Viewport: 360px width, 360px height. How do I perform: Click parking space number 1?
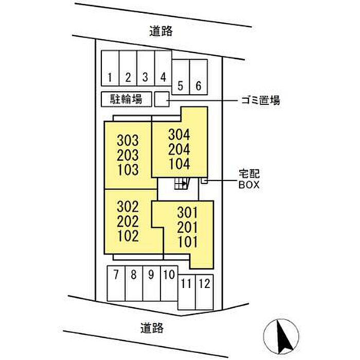pos(110,68)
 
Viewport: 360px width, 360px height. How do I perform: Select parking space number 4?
pos(163,68)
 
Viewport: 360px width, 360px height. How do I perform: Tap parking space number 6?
pos(199,77)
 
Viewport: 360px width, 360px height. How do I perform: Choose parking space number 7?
pos(116,283)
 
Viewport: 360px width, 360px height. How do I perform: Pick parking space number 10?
pos(169,283)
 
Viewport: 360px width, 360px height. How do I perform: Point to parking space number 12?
pos(205,292)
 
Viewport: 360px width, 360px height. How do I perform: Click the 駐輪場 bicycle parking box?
pos(127,99)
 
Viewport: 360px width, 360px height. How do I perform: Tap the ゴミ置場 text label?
pos(261,100)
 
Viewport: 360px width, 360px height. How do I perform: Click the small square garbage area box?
pos(162,99)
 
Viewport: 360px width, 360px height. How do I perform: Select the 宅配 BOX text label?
pos(249,179)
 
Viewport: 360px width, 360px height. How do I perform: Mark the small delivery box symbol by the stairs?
pos(204,181)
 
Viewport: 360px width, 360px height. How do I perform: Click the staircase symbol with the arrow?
pos(182,184)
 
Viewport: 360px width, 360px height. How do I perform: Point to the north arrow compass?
pos(281,336)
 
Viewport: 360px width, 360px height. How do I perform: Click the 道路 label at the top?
pos(161,31)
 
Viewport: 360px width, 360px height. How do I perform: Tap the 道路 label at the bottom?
pos(152,328)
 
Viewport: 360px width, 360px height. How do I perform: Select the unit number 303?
pos(128,140)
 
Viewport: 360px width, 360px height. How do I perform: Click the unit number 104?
pos(179,164)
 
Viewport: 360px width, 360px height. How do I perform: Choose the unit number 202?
pos(128,221)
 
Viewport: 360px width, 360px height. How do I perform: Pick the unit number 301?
pos(188,212)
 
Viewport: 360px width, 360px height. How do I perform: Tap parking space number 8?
pos(134,283)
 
